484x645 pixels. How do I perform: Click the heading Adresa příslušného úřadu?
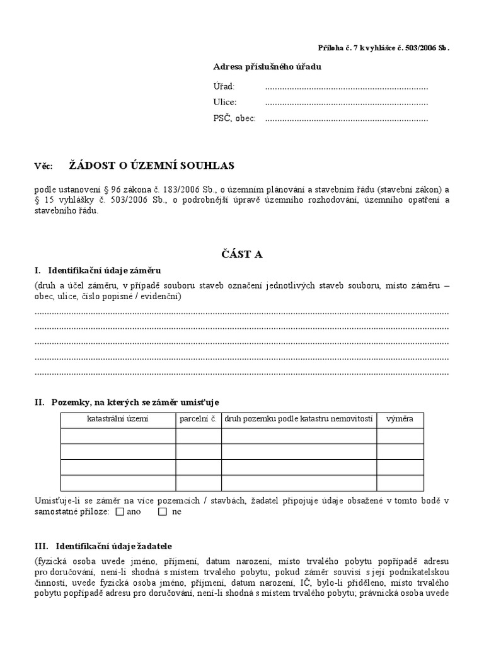(x=267, y=67)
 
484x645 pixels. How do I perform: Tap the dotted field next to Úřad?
(x=346, y=87)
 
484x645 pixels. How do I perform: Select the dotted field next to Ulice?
(x=346, y=103)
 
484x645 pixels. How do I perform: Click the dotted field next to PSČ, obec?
(x=346, y=118)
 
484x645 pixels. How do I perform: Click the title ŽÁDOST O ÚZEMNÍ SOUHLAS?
(x=151, y=166)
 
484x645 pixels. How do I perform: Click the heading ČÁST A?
(x=241, y=254)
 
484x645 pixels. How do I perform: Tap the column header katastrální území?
(x=118, y=420)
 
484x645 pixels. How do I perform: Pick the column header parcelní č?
(x=199, y=420)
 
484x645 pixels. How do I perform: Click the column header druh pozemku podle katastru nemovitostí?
(x=299, y=420)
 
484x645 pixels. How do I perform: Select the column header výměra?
(x=400, y=420)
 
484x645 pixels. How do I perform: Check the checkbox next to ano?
(x=120, y=512)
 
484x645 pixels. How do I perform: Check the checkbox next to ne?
(x=163, y=512)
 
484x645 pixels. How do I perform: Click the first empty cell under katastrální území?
(x=118, y=436)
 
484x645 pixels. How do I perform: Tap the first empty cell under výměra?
(x=400, y=436)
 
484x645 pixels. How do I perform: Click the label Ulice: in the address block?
(x=225, y=103)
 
